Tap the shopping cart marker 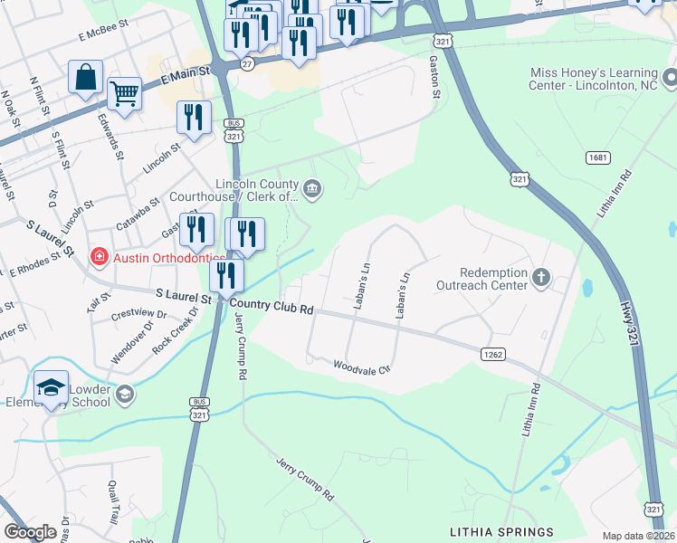(124, 91)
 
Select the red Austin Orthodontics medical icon (97, 258)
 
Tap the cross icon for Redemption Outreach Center (540, 277)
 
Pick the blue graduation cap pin (52, 386)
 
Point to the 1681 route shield (596, 157)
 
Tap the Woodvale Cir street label (360, 367)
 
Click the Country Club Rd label (272, 307)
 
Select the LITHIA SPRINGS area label (501, 530)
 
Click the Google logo (30, 532)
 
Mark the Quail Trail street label (112, 502)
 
